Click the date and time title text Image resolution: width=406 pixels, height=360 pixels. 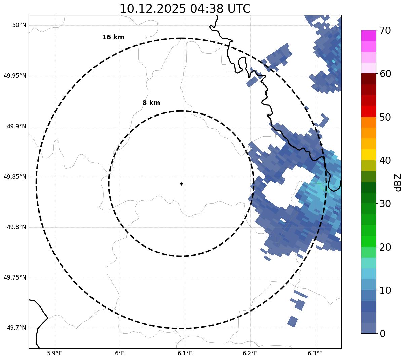click(185, 9)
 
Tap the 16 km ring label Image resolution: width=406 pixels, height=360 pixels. click(113, 37)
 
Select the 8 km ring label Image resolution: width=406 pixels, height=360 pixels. click(151, 103)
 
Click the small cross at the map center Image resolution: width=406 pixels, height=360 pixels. click(181, 184)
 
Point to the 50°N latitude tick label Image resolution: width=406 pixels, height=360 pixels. click(19, 25)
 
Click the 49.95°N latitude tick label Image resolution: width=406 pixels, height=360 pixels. click(15, 76)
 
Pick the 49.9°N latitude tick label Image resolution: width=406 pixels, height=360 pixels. click(16, 126)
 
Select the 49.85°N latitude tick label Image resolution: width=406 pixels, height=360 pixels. click(15, 177)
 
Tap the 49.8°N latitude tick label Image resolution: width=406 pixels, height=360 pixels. click(16, 227)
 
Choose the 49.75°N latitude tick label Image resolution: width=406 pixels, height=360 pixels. click(15, 277)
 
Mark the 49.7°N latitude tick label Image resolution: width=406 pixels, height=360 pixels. click(16, 328)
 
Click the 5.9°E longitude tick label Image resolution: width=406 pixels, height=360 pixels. click(54, 353)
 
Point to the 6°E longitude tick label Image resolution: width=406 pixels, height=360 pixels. click(120, 353)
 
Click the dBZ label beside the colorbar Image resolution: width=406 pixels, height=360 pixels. click(398, 182)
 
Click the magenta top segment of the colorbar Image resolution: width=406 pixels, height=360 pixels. click(368, 35)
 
